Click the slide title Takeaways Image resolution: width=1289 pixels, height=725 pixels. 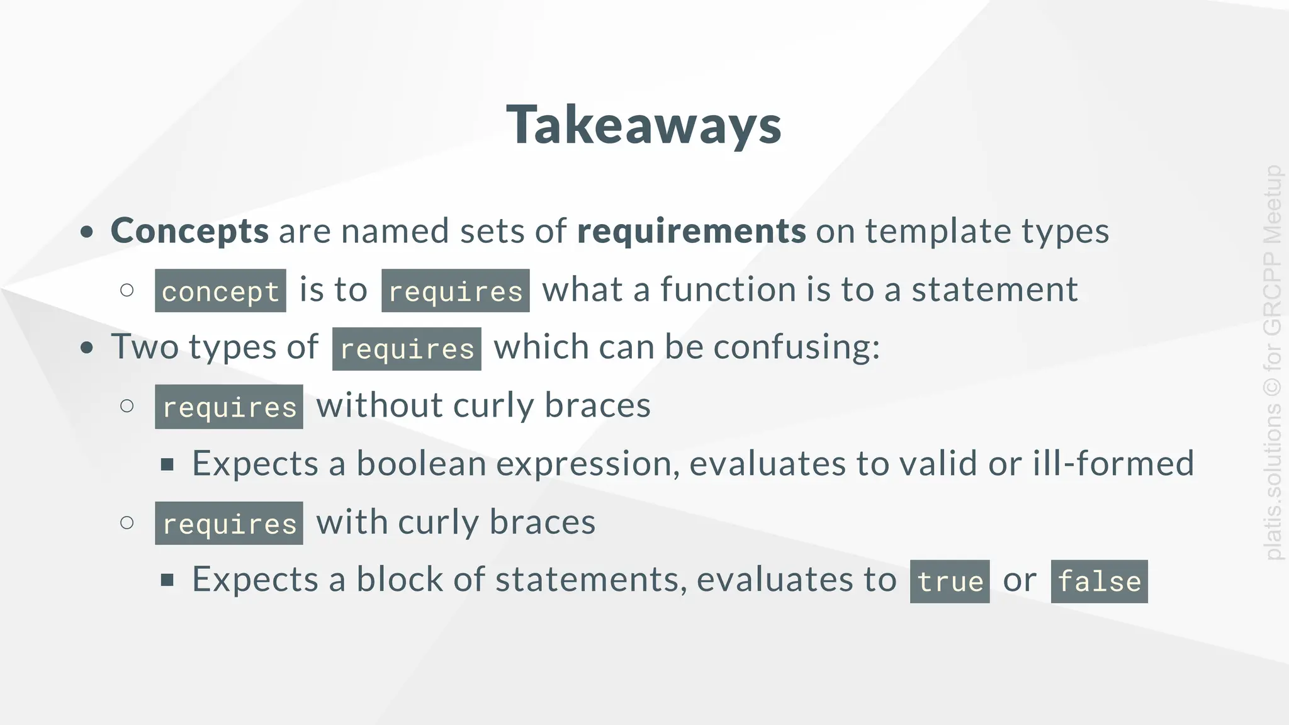644,125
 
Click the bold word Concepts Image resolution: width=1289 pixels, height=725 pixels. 189,231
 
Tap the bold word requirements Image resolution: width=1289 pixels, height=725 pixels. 691,231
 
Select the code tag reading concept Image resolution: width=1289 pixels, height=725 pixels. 220,291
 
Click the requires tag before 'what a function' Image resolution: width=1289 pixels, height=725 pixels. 455,291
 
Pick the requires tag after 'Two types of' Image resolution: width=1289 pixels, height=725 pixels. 407,349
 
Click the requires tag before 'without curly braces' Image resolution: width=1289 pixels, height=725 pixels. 229,407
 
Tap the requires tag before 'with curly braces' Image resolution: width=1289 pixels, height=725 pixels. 229,523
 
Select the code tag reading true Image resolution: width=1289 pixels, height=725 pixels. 950,581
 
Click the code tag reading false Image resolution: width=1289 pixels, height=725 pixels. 1099,581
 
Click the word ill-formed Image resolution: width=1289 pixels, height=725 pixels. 1113,464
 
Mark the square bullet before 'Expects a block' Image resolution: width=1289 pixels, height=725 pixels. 167,580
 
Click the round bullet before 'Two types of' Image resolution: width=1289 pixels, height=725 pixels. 87,347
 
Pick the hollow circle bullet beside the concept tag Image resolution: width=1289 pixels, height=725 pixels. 127,290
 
